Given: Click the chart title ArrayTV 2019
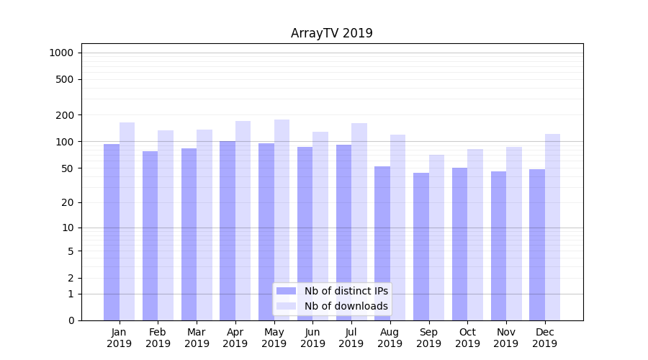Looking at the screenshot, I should coord(331,33).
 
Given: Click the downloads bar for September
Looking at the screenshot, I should coord(436,238).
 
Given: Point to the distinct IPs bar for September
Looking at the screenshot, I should coord(421,246).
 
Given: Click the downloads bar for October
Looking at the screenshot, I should coord(475,234).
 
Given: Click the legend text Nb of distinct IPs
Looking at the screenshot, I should coord(346,291).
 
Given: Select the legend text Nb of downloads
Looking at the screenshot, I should coord(346,306).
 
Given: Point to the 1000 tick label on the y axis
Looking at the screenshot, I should coord(61,53).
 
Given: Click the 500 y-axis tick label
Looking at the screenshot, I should coord(65,79).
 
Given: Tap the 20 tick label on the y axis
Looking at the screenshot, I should coord(68,202).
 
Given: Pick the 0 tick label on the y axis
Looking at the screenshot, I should coord(71,320).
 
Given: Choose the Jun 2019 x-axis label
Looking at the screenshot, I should coord(312,338).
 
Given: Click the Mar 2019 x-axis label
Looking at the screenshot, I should coord(197,338).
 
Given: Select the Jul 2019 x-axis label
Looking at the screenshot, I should coord(351,338).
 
